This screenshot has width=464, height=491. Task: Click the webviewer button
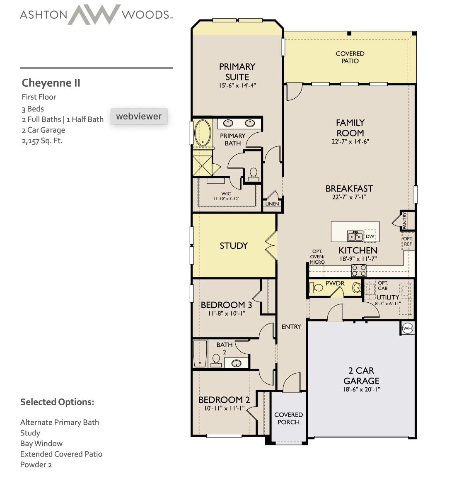pyautogui.click(x=139, y=116)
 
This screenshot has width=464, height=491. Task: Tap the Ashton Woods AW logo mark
pyautogui.click(x=94, y=15)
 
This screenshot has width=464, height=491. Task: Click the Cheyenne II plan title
pyautogui.click(x=51, y=83)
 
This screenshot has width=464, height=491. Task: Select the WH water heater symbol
pyautogui.click(x=408, y=328)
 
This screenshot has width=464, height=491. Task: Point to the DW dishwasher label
pyautogui.click(x=370, y=236)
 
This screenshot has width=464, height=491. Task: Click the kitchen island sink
pyautogui.click(x=355, y=236)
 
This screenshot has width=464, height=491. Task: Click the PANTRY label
pyautogui.click(x=404, y=221)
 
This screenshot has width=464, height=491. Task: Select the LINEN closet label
pyautogui.click(x=272, y=204)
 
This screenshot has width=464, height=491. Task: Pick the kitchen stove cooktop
pyautogui.click(x=359, y=271)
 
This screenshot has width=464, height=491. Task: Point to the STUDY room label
pyautogui.click(x=234, y=246)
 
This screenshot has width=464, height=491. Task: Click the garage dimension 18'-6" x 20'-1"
pyautogui.click(x=361, y=389)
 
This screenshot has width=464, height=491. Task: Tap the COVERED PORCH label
pyautogui.click(x=288, y=418)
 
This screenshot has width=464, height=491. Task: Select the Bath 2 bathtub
pyautogui.click(x=200, y=353)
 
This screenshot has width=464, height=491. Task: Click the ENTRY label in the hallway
pyautogui.click(x=291, y=327)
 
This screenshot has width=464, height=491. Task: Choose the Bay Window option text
pyautogui.click(x=41, y=443)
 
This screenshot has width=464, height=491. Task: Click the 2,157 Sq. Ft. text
pyautogui.click(x=42, y=141)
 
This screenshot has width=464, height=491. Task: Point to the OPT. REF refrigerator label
pyautogui.click(x=408, y=241)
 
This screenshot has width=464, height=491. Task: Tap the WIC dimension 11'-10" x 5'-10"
pyautogui.click(x=226, y=199)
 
